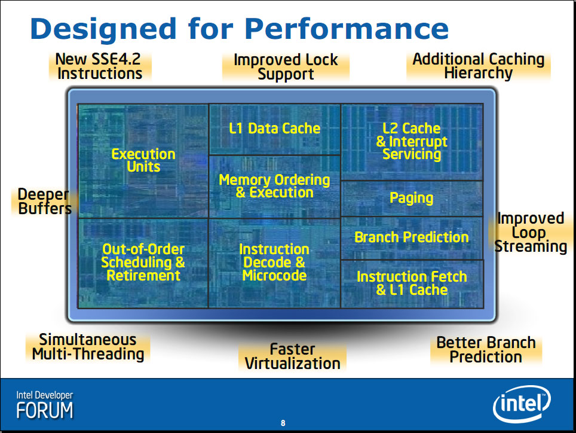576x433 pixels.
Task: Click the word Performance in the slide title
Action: coord(347,29)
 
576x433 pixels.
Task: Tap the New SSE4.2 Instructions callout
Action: coord(100,66)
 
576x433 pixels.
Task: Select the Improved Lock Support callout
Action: coord(286,67)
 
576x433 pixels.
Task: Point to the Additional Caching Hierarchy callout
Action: coord(478,66)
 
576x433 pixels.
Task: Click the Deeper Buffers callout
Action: coord(45,202)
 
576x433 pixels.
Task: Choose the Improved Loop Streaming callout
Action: coord(531,232)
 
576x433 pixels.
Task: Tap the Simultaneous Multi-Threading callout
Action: coord(88,347)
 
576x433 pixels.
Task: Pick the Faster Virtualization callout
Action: coord(292,356)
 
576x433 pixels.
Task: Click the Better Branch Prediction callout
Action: coord(486,350)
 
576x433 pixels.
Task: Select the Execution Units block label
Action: coord(143,160)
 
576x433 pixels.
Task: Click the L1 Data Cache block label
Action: coord(274,128)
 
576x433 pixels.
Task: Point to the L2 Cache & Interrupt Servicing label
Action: coord(412,141)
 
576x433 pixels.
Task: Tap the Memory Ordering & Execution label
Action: coord(274,186)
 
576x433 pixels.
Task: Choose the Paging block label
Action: coord(412,198)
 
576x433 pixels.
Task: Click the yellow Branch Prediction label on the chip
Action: coord(412,237)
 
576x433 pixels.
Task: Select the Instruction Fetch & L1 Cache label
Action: coord(412,283)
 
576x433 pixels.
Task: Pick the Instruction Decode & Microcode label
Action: coord(274,263)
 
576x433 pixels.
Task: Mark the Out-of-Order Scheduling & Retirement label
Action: coord(143,263)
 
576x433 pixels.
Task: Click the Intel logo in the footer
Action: coord(522,404)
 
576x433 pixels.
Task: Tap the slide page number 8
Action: coord(283,423)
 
